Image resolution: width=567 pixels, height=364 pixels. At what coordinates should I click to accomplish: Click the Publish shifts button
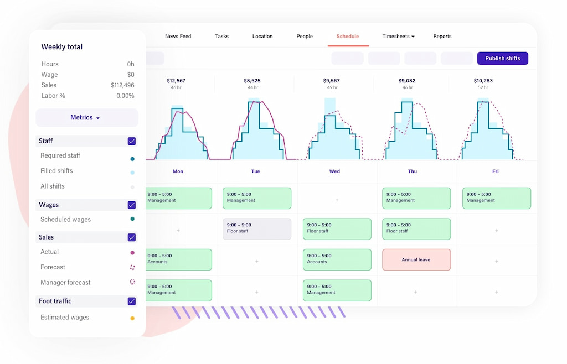(x=502, y=58)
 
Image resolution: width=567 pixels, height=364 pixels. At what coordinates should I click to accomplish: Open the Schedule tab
(x=347, y=37)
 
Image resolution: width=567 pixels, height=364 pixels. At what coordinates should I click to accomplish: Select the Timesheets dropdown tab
(x=398, y=37)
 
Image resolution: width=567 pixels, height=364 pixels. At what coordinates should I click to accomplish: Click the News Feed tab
(x=178, y=37)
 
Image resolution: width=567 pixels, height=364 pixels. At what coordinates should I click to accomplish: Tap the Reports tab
(x=442, y=37)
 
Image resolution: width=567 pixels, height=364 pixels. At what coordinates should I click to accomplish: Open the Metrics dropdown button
(x=86, y=118)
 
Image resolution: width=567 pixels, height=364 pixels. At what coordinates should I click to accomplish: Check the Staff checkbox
(x=132, y=141)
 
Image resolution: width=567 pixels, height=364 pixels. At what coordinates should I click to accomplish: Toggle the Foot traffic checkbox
(x=132, y=301)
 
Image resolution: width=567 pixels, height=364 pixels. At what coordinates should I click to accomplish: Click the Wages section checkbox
(x=132, y=205)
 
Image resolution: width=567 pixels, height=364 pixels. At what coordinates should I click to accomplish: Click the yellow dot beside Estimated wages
(x=132, y=318)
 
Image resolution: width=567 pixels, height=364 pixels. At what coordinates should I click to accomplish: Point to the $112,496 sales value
(x=122, y=85)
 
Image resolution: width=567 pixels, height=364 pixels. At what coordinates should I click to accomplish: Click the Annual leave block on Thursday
(x=416, y=259)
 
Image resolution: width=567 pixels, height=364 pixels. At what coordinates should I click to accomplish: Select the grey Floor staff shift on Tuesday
(x=256, y=228)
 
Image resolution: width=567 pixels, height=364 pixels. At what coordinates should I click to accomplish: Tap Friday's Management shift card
(x=496, y=198)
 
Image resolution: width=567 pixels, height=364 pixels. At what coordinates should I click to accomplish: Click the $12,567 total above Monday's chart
(x=176, y=81)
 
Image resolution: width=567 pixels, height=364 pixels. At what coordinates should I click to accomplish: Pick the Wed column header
(x=334, y=171)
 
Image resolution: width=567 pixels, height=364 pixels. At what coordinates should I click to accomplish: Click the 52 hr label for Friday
(x=483, y=87)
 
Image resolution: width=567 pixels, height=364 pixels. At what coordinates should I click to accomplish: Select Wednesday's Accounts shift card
(x=337, y=259)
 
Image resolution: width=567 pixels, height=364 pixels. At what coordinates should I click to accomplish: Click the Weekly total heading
(x=61, y=47)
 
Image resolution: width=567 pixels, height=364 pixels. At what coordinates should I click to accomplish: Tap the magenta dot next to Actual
(x=132, y=252)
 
